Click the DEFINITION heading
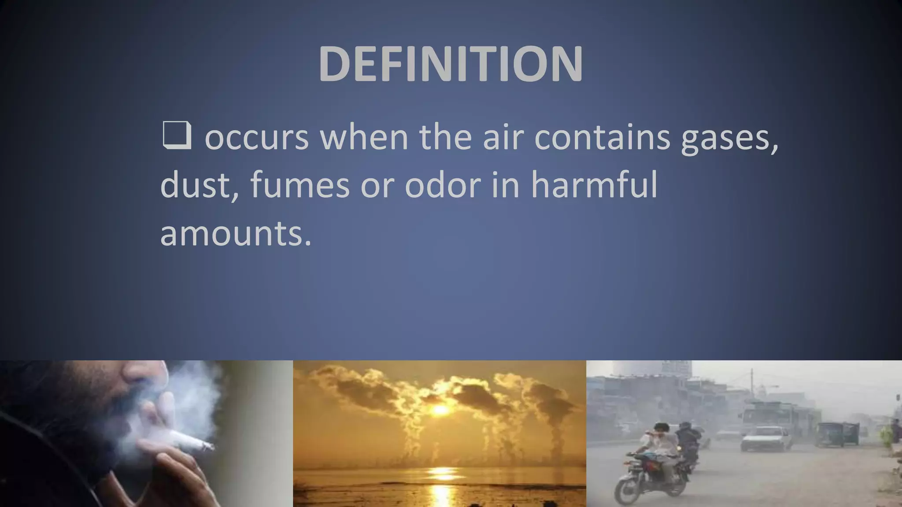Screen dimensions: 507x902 coord(451,64)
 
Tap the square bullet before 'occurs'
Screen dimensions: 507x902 coord(177,135)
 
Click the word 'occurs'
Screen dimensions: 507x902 coord(257,137)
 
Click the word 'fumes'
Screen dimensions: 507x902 coord(300,185)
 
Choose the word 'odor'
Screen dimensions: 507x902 coord(443,185)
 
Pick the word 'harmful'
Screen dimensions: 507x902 coord(594,185)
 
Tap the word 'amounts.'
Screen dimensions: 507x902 coord(236,233)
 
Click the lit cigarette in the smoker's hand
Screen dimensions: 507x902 coord(192,441)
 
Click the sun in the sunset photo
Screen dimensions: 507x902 coord(440,410)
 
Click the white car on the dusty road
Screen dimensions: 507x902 coord(765,437)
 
